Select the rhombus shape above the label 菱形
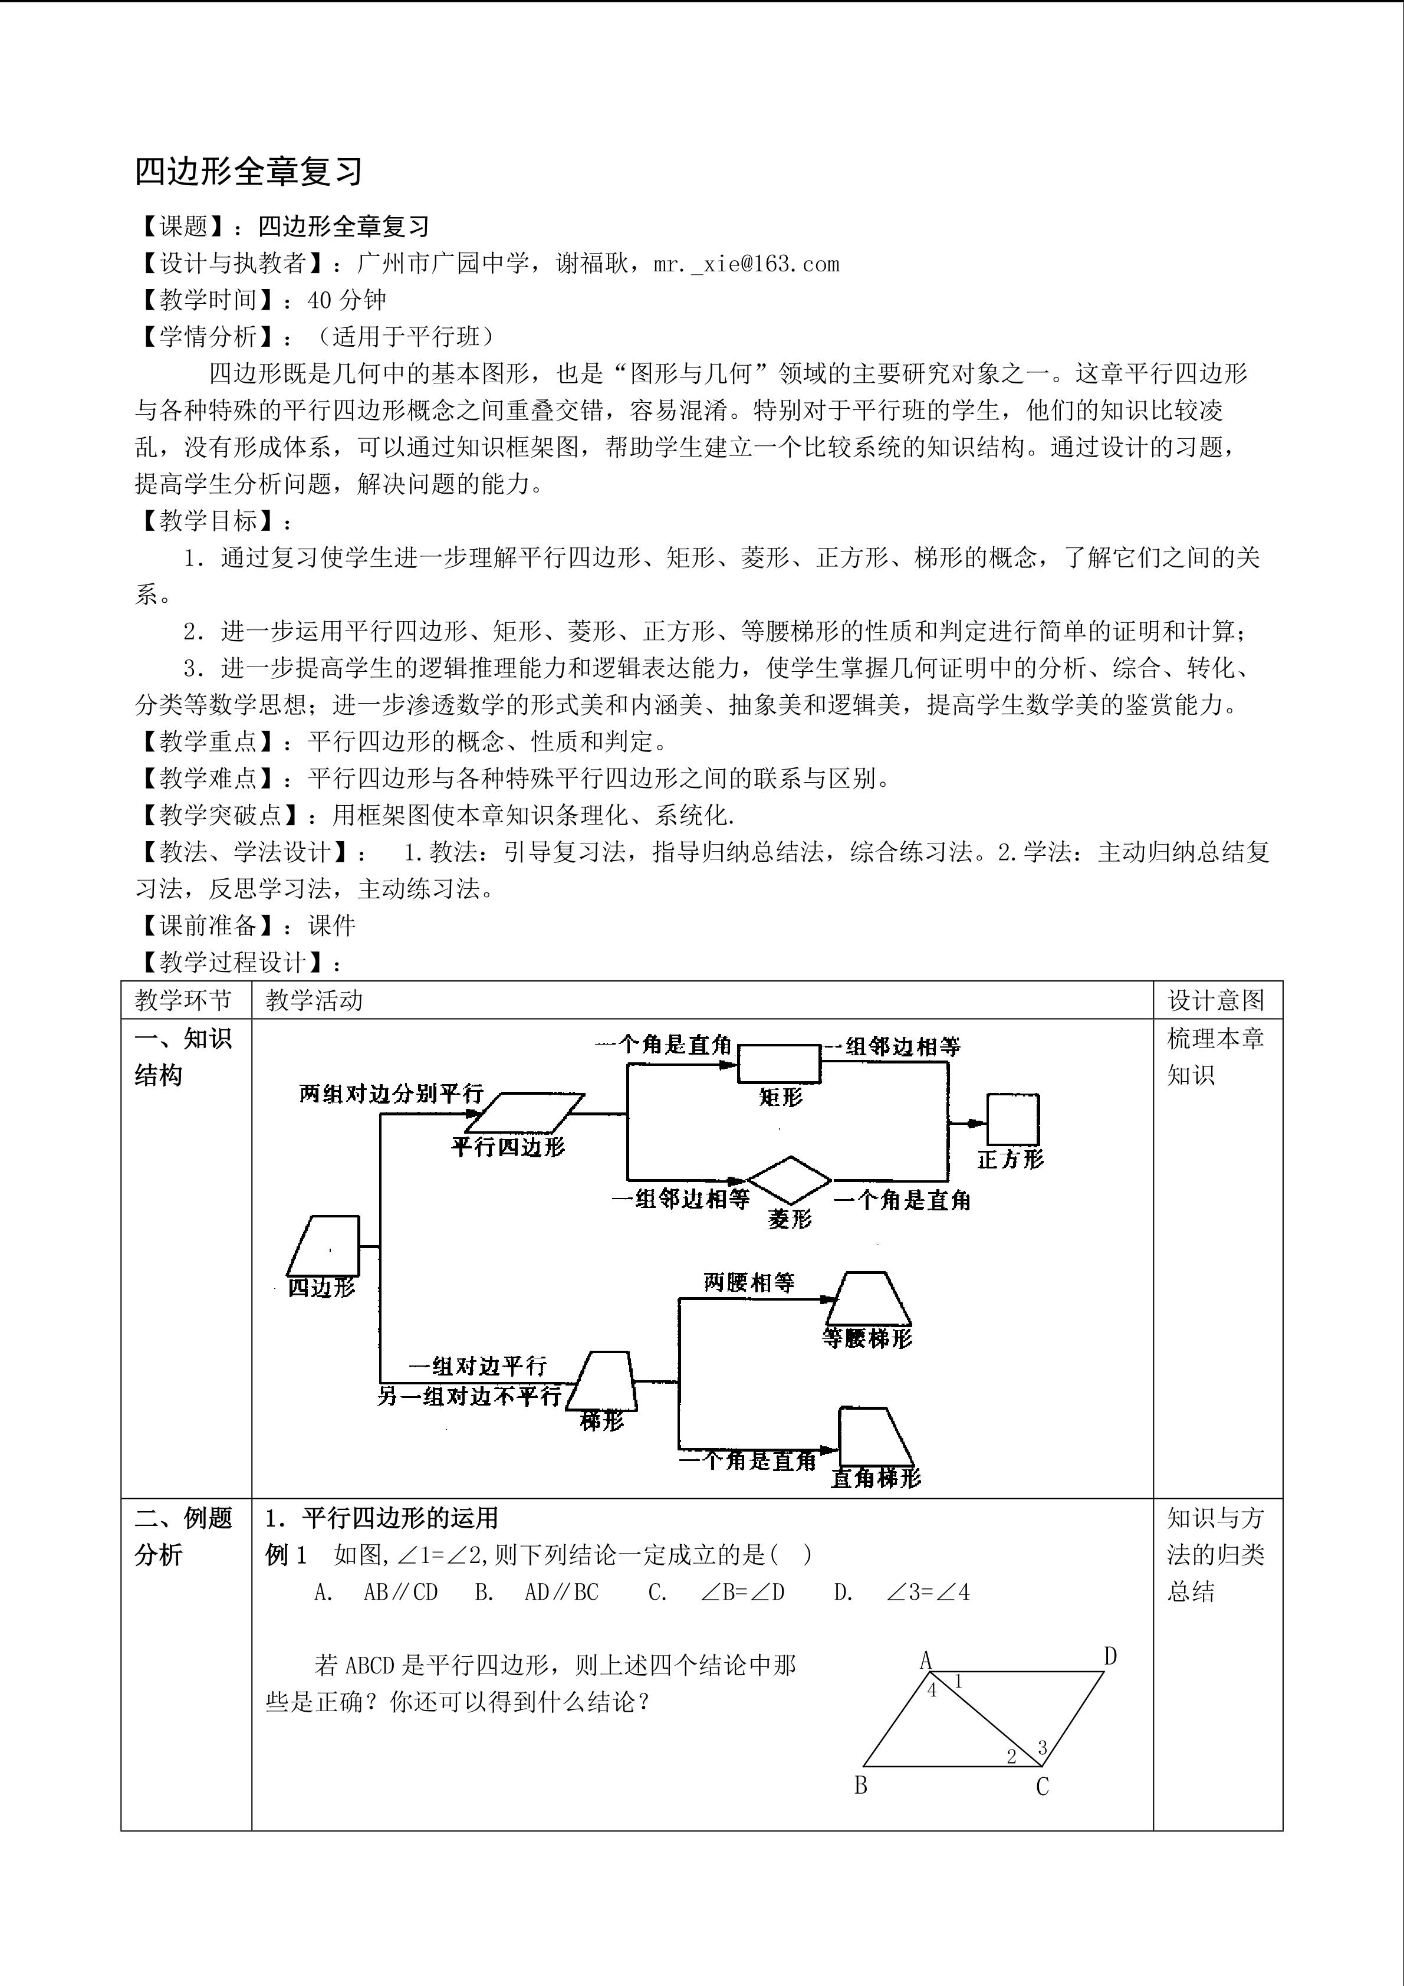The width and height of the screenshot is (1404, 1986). coord(788,1180)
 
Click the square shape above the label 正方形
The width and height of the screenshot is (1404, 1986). coord(1012,1120)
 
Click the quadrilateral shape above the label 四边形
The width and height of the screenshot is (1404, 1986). coord(323,1246)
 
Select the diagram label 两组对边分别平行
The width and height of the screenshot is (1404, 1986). coord(391,1094)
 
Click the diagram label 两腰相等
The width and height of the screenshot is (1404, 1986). coord(749,1283)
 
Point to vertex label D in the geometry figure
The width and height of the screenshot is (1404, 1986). coord(1110,1656)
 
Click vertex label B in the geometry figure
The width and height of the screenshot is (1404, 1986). coord(860,1785)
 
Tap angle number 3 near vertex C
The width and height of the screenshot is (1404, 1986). coord(1042,1748)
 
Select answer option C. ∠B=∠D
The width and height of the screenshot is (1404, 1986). coord(716,1593)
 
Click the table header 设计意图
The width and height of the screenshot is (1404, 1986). coord(1215,1001)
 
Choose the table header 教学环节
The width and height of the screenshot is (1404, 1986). coord(183,1001)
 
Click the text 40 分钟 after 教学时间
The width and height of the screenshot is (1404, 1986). coord(347,300)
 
